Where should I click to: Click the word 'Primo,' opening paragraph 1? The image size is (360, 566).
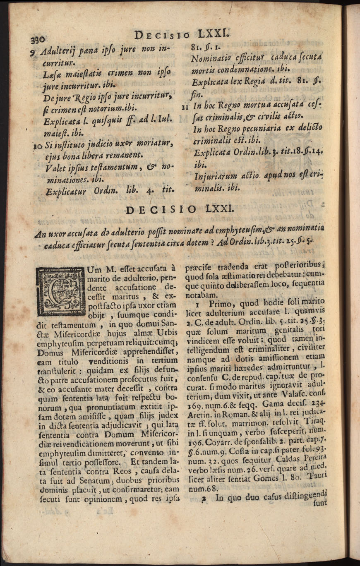click(x=224, y=303)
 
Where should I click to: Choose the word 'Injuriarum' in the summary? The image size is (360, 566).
click(x=213, y=177)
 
